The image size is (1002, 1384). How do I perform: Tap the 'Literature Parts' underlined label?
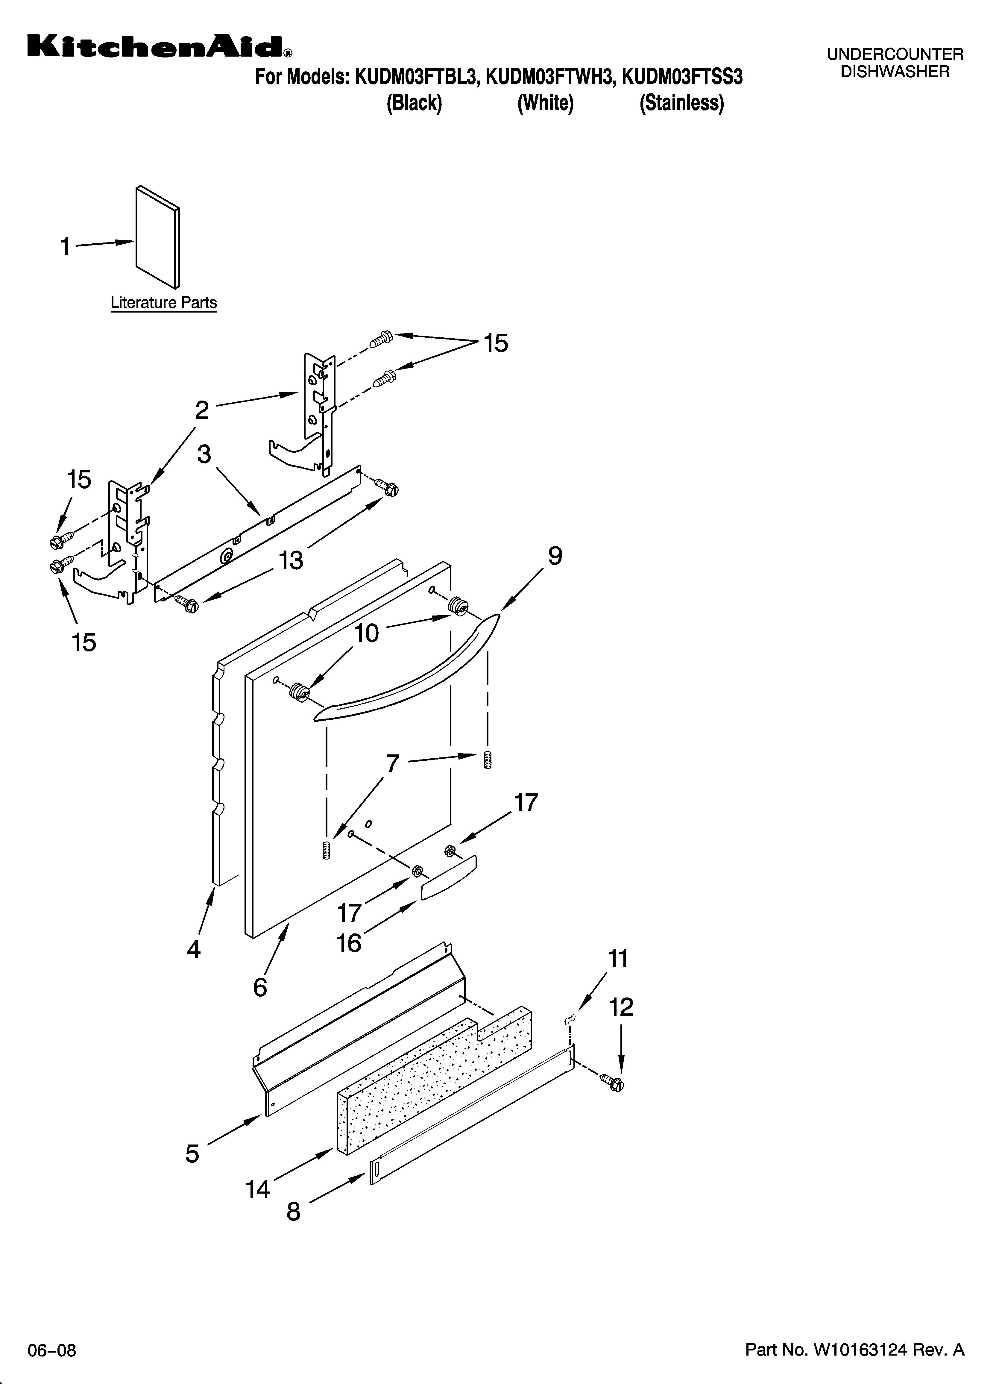tap(163, 303)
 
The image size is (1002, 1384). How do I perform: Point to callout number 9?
tap(555, 556)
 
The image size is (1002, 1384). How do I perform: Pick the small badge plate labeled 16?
tap(449, 877)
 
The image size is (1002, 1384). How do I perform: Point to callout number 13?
tap(291, 560)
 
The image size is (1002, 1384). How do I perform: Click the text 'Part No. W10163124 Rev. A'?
tap(854, 1349)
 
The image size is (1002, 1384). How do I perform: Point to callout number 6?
tap(260, 987)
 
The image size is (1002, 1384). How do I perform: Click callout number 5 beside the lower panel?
tap(192, 1153)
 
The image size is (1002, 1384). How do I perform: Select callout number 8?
tap(294, 1211)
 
